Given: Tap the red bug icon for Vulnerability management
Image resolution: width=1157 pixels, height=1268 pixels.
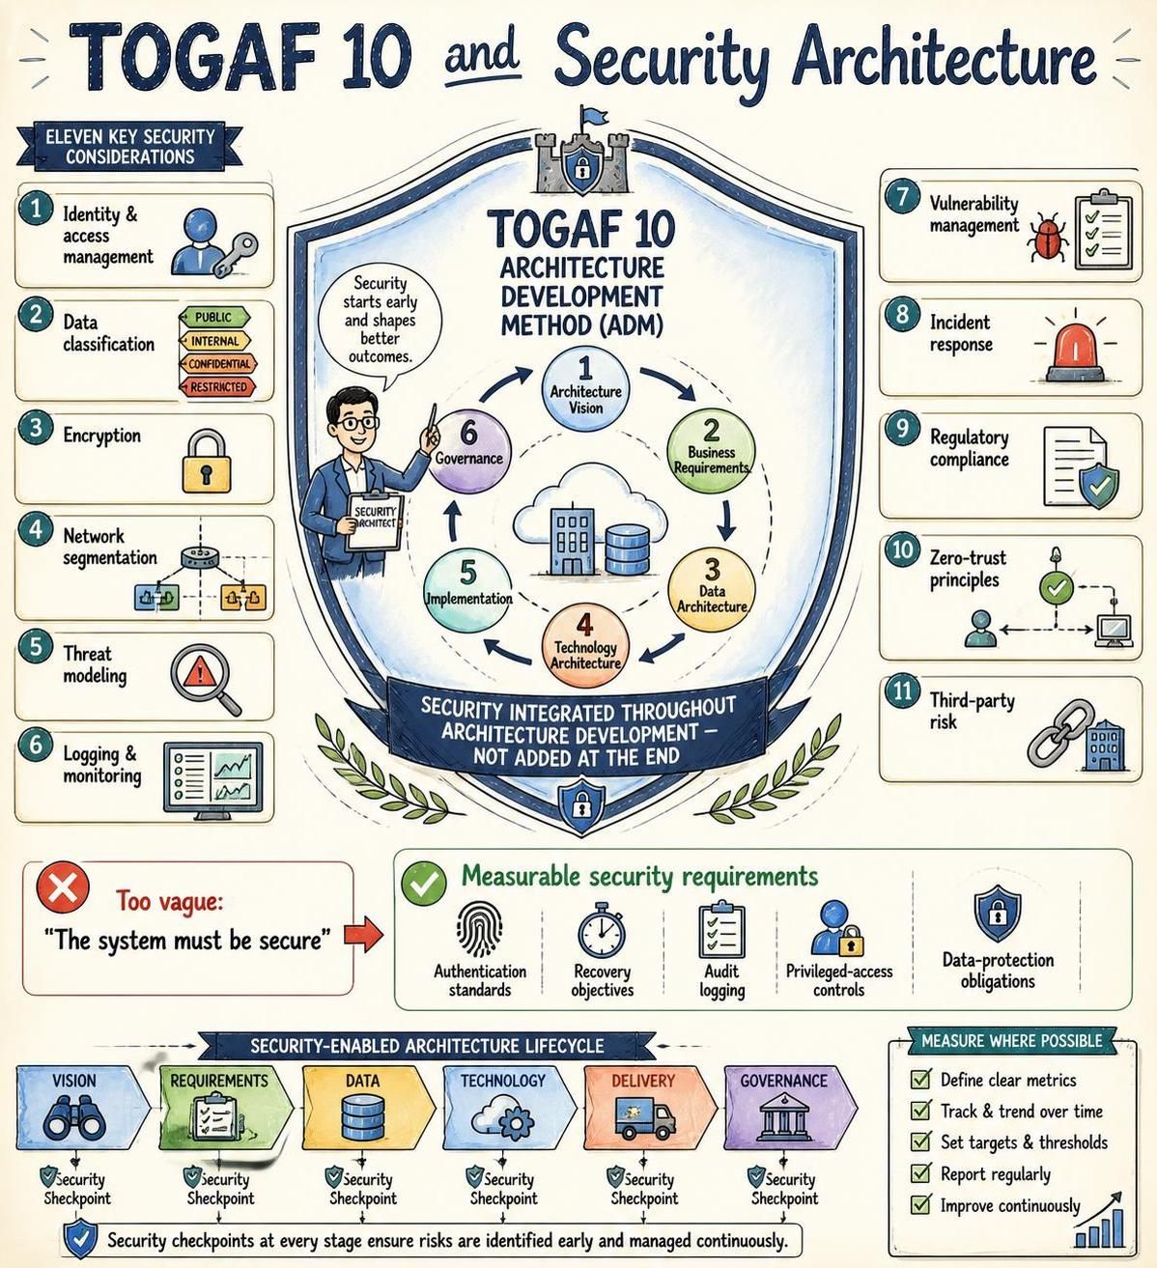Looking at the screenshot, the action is coord(1048,237).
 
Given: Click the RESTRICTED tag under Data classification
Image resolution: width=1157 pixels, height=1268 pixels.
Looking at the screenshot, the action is coord(217,387).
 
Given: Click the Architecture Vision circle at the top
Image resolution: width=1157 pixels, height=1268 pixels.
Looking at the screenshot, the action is coord(585,391).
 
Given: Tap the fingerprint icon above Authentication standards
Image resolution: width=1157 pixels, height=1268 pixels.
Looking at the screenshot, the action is coord(479,930).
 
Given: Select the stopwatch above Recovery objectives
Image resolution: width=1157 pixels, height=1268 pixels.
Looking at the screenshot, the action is coord(602,929).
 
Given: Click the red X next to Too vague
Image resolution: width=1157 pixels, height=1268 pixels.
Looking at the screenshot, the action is coord(63,888).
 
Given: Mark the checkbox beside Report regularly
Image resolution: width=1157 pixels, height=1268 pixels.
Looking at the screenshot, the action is coord(920,1173).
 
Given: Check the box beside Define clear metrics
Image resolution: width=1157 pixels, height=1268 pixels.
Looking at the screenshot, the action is coord(920,1079).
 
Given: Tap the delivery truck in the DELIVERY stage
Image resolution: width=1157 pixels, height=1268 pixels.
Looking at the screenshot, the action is coord(644,1118).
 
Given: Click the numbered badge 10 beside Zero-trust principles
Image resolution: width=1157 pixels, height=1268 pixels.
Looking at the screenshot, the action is coord(902,549).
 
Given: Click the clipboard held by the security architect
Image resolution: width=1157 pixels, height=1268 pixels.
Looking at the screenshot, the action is coord(376,520).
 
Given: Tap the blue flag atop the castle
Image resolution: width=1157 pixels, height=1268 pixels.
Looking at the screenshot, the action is coord(594,116).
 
